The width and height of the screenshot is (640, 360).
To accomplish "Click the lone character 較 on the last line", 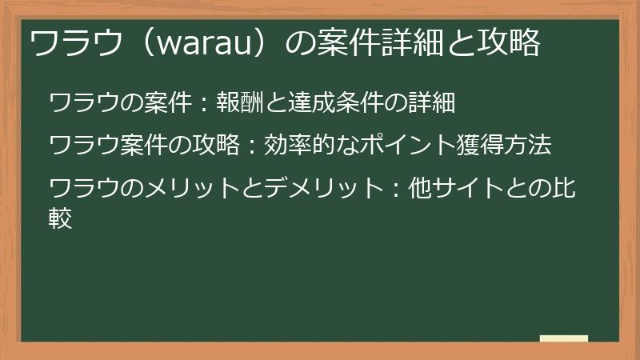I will tap(62, 218).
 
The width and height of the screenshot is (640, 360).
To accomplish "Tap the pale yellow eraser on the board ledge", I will tap(564, 338).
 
